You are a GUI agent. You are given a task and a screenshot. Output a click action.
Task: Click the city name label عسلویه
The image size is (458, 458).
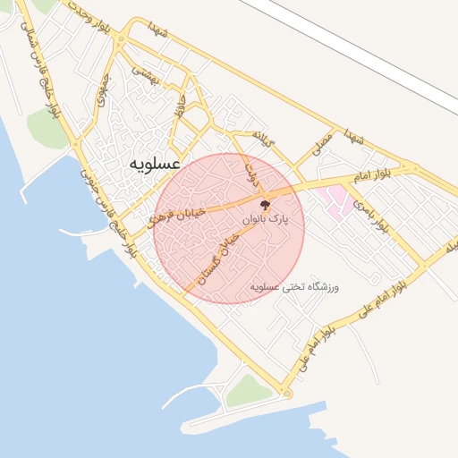155,165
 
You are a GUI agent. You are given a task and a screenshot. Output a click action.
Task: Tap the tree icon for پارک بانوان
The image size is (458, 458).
264,205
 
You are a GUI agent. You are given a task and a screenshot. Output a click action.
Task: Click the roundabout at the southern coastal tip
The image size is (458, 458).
286,394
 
